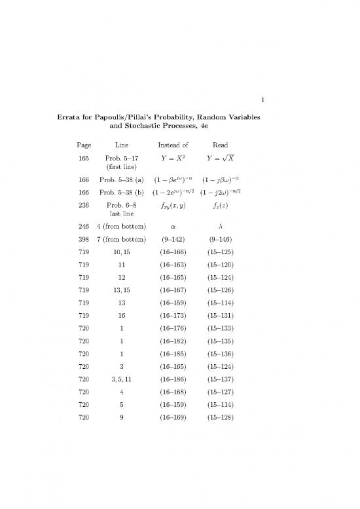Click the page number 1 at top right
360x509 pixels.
262,100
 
